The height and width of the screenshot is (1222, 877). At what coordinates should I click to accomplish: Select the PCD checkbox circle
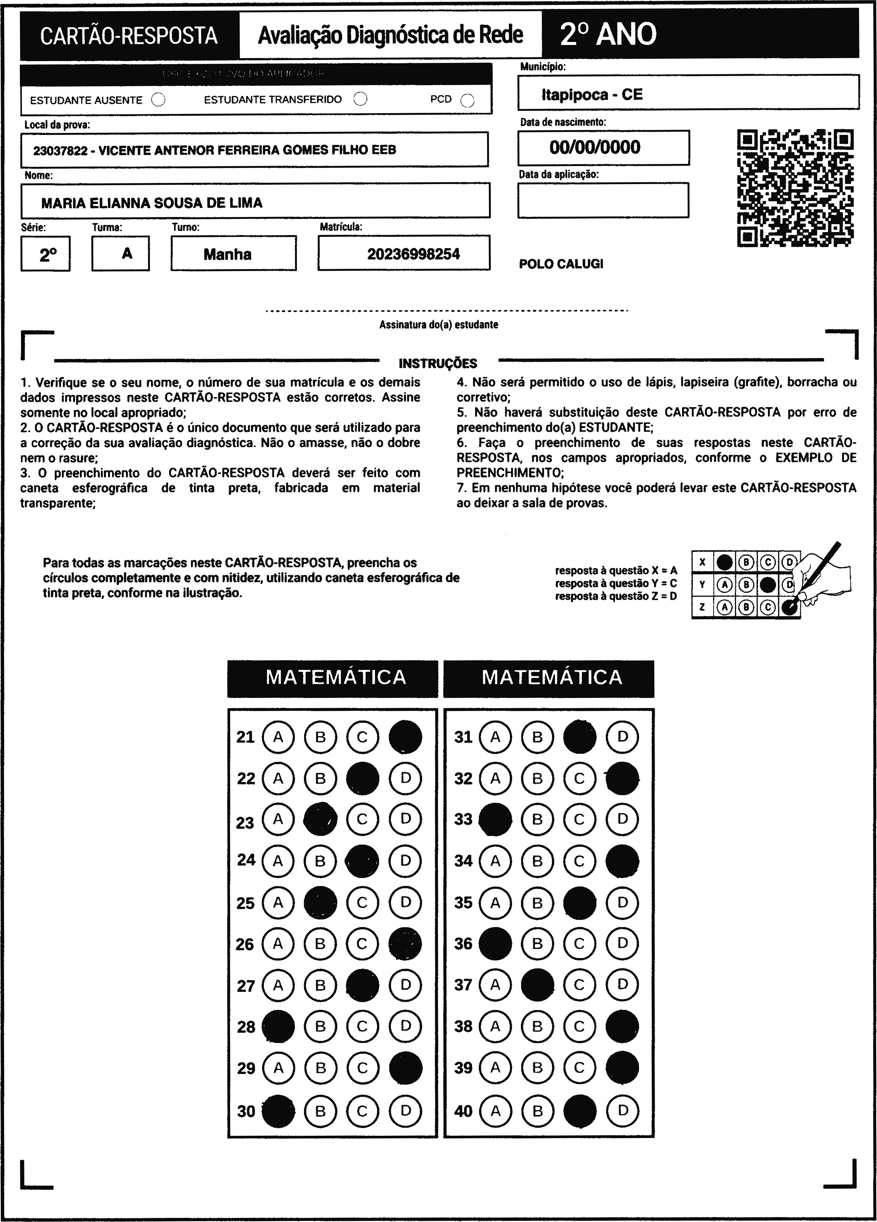pyautogui.click(x=467, y=100)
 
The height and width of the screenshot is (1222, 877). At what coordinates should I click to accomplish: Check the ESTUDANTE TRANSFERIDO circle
pyautogui.click(x=360, y=99)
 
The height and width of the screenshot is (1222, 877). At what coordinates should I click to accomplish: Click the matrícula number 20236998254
pyautogui.click(x=414, y=254)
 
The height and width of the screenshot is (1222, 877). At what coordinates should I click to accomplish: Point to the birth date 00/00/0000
pyautogui.click(x=595, y=147)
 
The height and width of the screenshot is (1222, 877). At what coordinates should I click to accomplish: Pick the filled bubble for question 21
pyautogui.click(x=405, y=737)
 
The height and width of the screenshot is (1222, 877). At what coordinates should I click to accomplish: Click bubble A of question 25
pyautogui.click(x=278, y=903)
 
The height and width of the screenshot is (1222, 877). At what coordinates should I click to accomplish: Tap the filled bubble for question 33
pyautogui.click(x=495, y=819)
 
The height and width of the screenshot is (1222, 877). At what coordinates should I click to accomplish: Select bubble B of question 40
pyautogui.click(x=537, y=1110)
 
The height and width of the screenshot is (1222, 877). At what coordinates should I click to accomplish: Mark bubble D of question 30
pyautogui.click(x=405, y=1110)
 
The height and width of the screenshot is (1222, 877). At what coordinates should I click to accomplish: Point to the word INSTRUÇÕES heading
pyautogui.click(x=438, y=364)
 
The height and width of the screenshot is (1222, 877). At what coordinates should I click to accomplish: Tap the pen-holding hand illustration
pyautogui.click(x=825, y=577)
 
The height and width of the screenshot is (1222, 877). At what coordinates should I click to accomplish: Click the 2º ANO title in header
pyautogui.click(x=608, y=34)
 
